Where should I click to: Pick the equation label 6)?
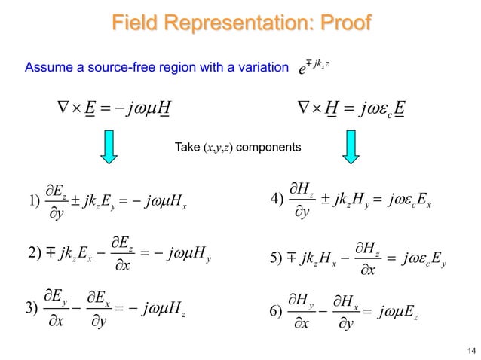point(276,311)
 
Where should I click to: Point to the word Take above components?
point(185,148)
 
